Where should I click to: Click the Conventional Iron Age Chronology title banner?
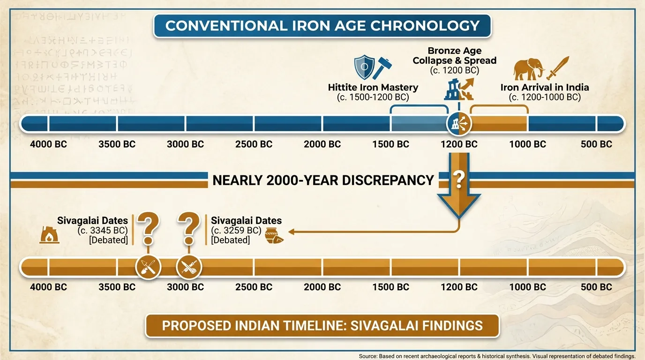point(322,25)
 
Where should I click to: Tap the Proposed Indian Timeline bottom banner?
point(322,325)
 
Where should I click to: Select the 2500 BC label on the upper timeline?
point(254,144)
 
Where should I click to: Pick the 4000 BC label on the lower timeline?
point(48,287)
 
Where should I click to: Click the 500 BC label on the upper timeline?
point(596,144)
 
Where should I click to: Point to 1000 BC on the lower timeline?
point(527,287)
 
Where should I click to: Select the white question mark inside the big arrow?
point(459,179)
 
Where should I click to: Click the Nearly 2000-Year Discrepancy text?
point(323,180)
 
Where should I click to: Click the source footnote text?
point(497,356)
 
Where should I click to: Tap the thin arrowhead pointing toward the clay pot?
point(291,232)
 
